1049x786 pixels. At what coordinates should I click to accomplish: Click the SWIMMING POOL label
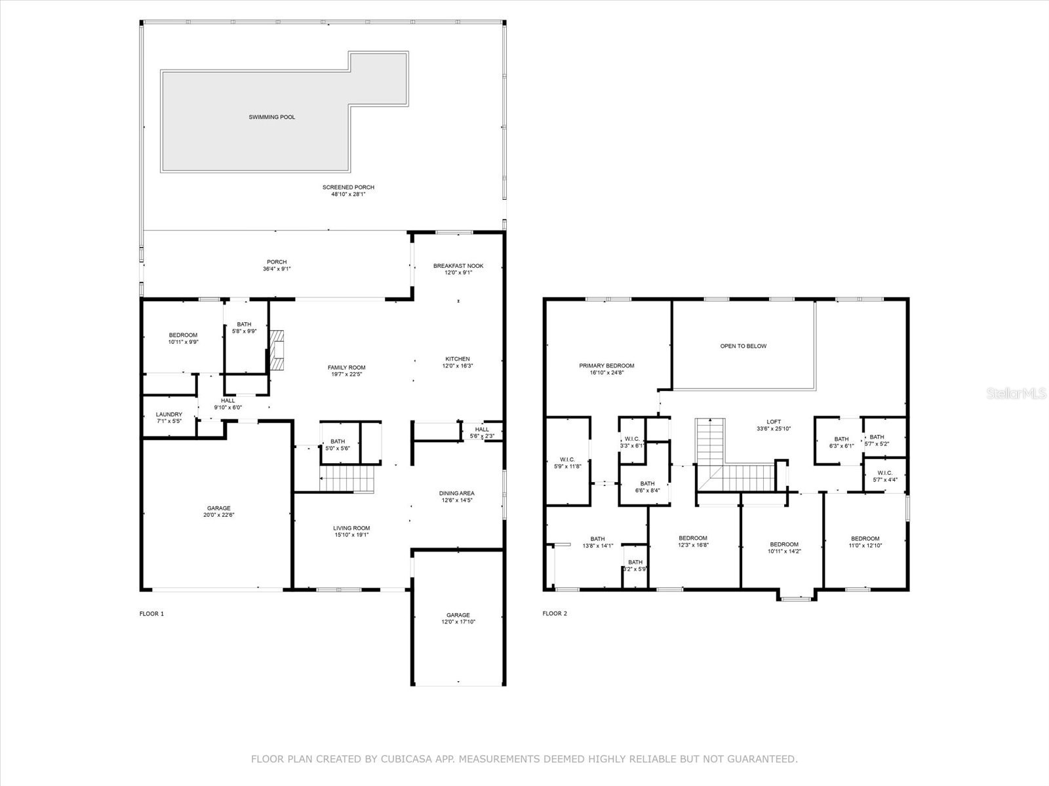[271, 117]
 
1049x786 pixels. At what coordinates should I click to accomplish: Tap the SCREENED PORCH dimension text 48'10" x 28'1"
[348, 195]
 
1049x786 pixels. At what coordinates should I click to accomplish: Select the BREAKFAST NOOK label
[458, 266]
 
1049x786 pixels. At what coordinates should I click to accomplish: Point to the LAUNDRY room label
[168, 415]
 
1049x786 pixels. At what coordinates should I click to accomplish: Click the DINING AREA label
[456, 493]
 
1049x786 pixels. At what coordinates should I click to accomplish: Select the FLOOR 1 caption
[151, 614]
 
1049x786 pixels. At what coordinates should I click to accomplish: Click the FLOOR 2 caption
[555, 614]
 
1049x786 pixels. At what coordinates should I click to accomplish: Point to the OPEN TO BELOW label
[743, 346]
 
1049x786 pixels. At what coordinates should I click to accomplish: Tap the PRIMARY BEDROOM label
[606, 365]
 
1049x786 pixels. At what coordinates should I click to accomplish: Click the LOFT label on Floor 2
[774, 422]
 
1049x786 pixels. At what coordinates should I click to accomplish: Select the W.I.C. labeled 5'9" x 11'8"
[567, 459]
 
